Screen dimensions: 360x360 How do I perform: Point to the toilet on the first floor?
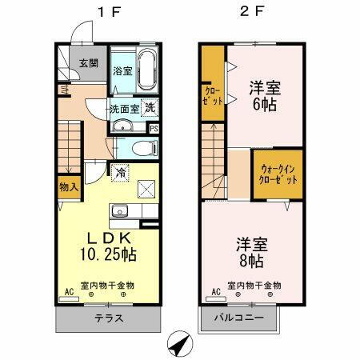point(142,147)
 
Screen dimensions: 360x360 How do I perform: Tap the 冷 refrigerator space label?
point(119,170)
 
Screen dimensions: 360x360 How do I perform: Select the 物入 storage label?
point(69,188)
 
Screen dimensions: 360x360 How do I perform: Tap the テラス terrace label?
point(109,318)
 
